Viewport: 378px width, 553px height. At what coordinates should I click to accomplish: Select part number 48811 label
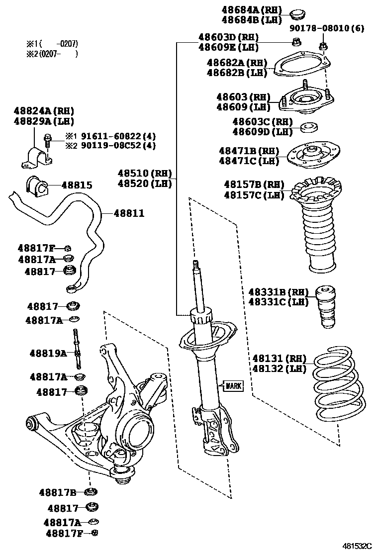pos(129,213)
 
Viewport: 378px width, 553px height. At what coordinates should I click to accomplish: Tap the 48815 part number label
pos(77,185)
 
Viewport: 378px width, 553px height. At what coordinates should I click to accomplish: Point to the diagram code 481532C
pos(356,546)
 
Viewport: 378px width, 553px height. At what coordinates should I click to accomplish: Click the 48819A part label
pos(48,353)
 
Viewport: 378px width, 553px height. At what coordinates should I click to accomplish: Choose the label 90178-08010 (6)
pos(328,28)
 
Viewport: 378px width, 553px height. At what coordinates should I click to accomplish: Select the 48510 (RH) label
pos(144,174)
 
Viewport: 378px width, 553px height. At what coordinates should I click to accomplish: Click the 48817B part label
pos(58,492)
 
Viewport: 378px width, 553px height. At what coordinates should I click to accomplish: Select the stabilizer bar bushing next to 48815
pos(35,185)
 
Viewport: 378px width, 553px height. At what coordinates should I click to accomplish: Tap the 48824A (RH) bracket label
pos(43,111)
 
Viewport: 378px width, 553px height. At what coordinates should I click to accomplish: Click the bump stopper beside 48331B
pos(326,307)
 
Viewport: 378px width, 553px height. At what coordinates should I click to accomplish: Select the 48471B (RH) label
pos(249,150)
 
